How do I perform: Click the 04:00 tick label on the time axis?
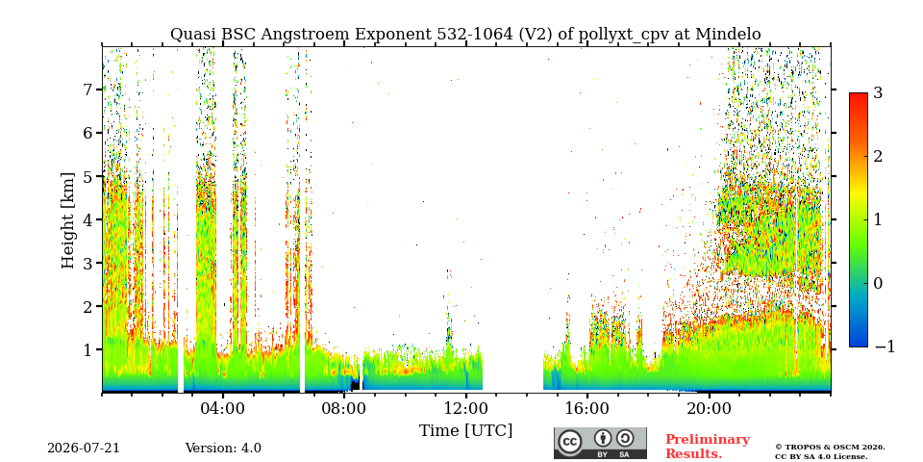223,408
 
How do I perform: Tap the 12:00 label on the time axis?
466,408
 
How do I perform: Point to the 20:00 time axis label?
709,408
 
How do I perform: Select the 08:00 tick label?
344,408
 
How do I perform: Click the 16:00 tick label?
587,408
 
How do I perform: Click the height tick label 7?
87,90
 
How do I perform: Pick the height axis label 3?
87,263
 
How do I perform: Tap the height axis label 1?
87,349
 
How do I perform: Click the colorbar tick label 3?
879,93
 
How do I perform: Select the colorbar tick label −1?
885,347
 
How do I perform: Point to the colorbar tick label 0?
879,283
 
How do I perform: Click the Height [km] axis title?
69,220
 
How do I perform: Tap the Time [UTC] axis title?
465,431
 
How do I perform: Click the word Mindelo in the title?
728,35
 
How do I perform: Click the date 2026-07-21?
84,449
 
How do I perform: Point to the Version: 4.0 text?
223,449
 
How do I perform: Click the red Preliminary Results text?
708,447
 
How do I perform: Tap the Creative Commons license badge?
600,443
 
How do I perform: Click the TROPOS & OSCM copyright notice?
830,452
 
